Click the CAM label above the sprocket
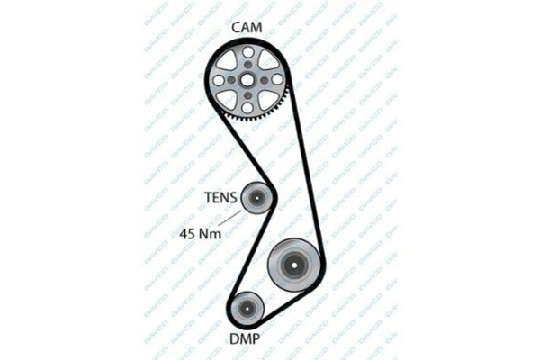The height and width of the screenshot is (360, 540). point(247,28)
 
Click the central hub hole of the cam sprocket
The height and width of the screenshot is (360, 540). point(247,79)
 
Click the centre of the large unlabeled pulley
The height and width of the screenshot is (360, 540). point(294,264)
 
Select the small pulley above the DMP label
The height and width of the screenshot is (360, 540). point(247,310)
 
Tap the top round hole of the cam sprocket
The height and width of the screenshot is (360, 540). point(247,55)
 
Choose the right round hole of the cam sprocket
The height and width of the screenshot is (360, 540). point(272,80)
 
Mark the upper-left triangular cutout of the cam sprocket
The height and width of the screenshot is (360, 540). point(230,64)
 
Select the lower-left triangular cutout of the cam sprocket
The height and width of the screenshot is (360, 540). point(230,96)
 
